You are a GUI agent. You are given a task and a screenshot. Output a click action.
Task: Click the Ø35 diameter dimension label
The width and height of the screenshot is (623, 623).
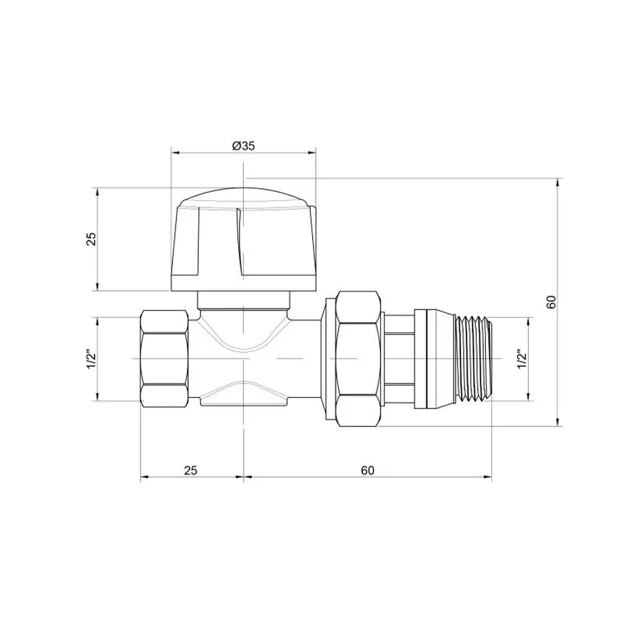tap(243, 145)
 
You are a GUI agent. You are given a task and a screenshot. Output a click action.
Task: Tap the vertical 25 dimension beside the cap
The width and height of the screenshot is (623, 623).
tap(91, 239)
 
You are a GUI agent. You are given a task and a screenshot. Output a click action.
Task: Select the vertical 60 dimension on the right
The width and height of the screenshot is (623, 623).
tap(551, 302)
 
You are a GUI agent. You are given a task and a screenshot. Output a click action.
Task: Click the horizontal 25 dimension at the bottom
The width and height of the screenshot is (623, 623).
tap(191, 470)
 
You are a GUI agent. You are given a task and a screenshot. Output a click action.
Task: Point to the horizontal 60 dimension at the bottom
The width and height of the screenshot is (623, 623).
tap(367, 470)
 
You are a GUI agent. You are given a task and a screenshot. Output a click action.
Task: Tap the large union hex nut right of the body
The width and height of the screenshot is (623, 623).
tap(353, 359)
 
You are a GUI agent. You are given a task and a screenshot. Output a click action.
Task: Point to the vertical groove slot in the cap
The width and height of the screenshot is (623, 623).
tap(240, 242)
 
